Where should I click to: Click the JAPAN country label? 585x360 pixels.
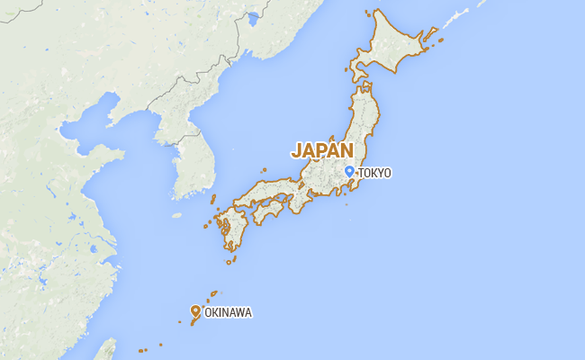pos(321,150)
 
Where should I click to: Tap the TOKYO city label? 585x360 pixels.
pos(374,173)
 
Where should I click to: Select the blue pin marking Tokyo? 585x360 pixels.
pos(349,170)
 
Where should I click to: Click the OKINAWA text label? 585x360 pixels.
pos(228,313)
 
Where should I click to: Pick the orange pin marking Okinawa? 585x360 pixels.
pos(195,311)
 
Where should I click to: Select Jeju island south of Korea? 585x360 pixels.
pos(176,216)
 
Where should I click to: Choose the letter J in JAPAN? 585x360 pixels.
pos(297,150)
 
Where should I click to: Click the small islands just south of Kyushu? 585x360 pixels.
pos(231,259)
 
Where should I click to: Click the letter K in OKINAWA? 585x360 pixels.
pos(216,313)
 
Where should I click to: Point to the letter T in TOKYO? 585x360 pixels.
pos(361,173)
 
